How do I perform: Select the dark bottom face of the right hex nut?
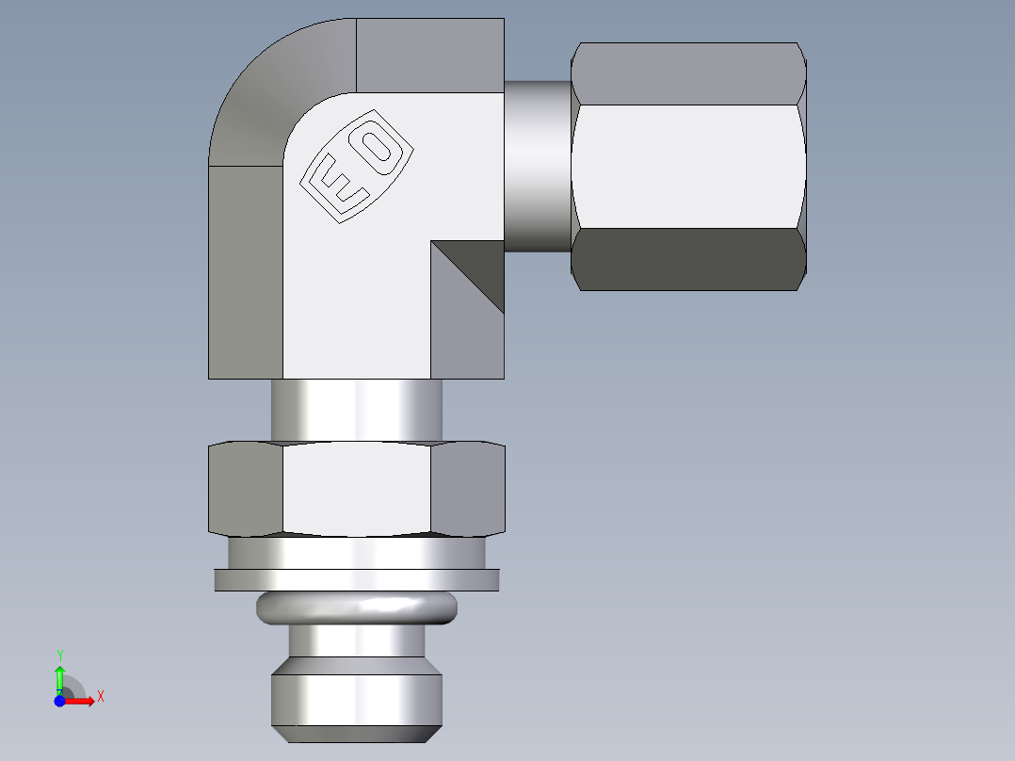click(x=687, y=258)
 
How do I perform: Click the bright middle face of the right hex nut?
click(x=687, y=166)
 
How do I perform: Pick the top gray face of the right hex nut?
click(x=687, y=73)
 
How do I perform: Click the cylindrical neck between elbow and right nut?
click(x=538, y=166)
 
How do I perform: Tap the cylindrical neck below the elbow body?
click(x=356, y=409)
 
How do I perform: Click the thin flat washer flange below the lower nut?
click(x=356, y=579)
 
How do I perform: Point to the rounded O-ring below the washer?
click(x=356, y=607)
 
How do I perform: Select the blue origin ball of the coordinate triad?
click(x=59, y=701)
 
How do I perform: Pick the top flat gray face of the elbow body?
click(x=430, y=55)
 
